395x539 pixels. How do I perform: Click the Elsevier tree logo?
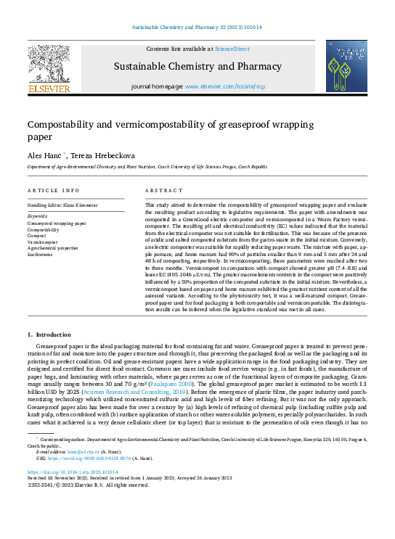(x=49, y=65)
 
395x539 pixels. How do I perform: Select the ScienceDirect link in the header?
(x=232, y=49)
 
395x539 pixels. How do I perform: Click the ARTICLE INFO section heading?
(x=54, y=190)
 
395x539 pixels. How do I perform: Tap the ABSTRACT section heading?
(x=163, y=190)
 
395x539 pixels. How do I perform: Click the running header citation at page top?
(x=197, y=27)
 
